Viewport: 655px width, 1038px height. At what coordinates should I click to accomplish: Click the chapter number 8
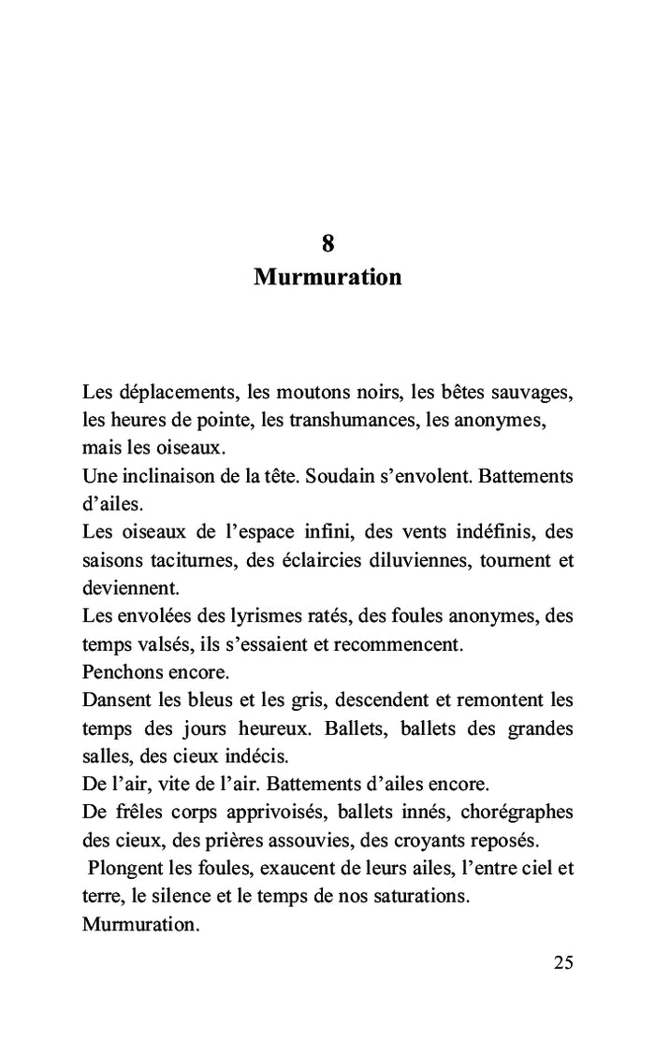(327, 244)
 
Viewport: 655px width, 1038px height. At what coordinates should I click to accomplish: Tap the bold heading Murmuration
(327, 278)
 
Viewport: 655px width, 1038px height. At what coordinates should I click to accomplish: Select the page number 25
(562, 963)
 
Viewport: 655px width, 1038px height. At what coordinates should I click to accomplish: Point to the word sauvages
(534, 392)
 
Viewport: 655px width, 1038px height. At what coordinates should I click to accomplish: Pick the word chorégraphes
(520, 813)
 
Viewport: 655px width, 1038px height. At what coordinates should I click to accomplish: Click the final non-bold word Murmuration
(140, 925)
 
